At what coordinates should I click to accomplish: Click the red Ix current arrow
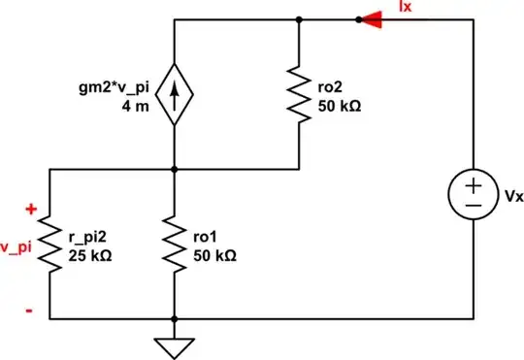(370, 18)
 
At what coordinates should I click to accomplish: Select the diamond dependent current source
(174, 94)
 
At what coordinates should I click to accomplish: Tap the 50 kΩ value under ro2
(341, 102)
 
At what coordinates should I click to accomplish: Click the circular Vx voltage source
(472, 193)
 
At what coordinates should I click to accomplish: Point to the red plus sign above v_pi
(30, 209)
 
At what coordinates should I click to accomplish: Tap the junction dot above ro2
(298, 18)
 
